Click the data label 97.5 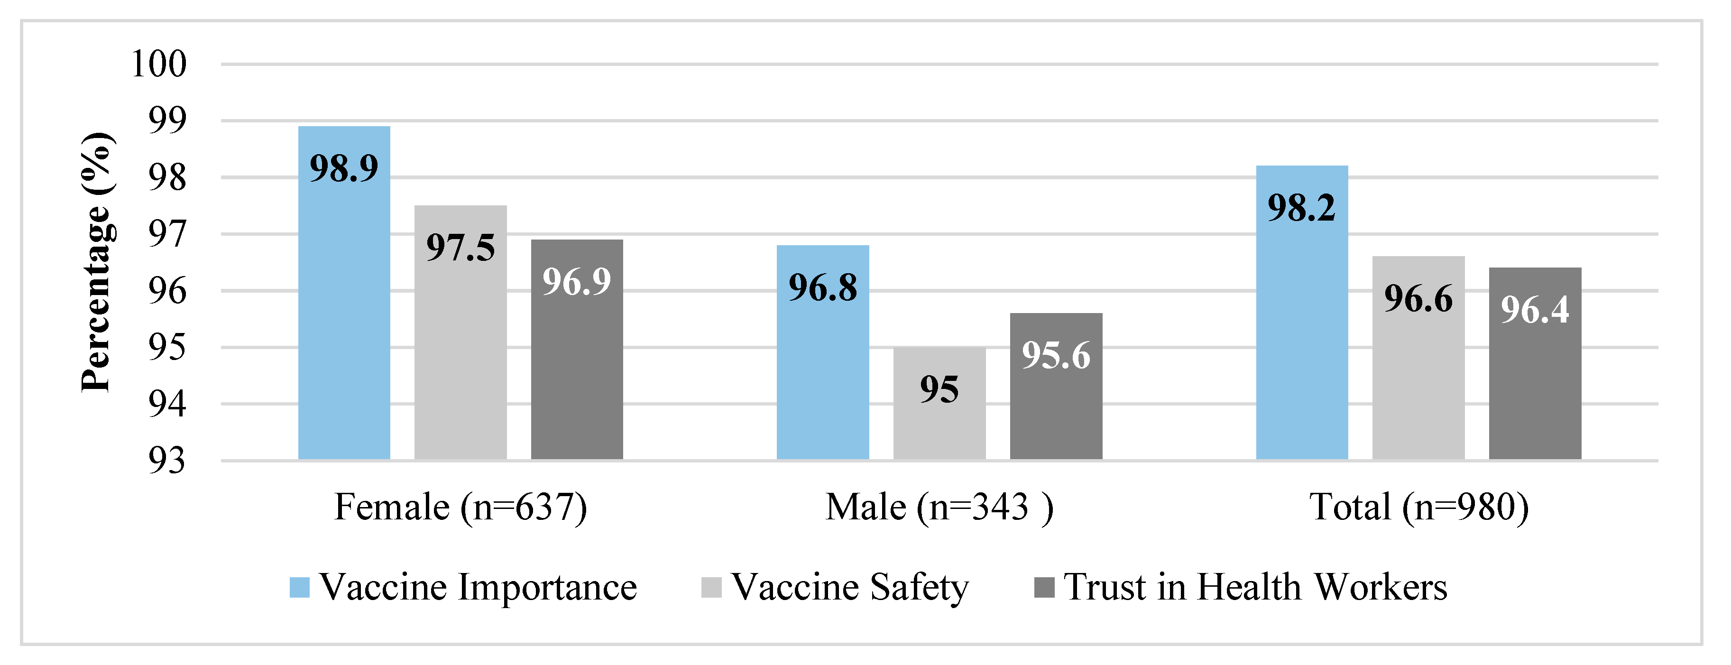(x=460, y=248)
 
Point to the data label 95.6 (x=1056, y=355)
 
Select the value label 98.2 (x=1302, y=207)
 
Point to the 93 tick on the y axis (x=166, y=461)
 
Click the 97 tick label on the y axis (x=166, y=235)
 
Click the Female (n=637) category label (x=461, y=507)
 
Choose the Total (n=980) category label (x=1418, y=507)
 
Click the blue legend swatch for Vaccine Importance (x=300, y=587)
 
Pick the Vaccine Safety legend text (x=850, y=587)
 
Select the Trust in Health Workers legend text (x=1255, y=587)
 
